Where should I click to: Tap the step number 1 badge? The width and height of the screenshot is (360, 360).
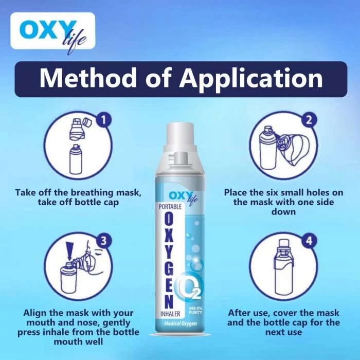coord(104,121)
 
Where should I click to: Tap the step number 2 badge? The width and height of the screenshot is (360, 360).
coord(309,121)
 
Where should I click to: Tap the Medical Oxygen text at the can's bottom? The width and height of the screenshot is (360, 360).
coord(178,324)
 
